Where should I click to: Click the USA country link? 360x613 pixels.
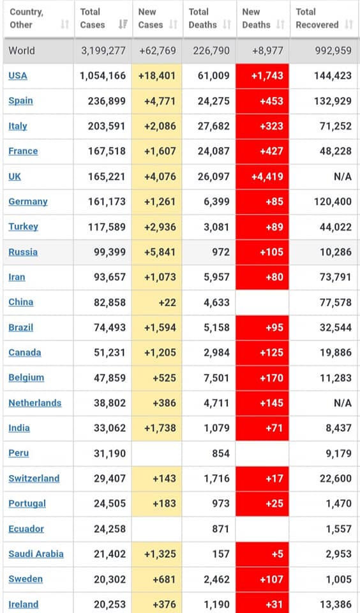(x=18, y=75)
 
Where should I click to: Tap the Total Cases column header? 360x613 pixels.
(x=93, y=19)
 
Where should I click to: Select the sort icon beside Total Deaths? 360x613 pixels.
(x=227, y=25)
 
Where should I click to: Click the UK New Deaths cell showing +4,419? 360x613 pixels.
(x=262, y=176)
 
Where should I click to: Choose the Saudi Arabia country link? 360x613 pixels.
(x=36, y=554)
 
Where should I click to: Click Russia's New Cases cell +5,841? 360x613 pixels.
(x=157, y=252)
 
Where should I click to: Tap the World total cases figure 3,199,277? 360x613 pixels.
(x=103, y=51)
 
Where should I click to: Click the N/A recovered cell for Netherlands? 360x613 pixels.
(x=343, y=403)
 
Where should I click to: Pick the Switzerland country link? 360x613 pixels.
(x=34, y=478)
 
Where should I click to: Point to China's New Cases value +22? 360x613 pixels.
(x=167, y=302)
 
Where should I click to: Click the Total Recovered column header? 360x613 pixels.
(x=317, y=19)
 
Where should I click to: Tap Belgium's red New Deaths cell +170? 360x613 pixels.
(x=262, y=377)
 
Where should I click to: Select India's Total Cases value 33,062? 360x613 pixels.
(x=109, y=428)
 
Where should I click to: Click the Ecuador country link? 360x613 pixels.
(x=26, y=529)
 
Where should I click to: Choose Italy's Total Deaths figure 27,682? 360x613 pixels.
(x=213, y=126)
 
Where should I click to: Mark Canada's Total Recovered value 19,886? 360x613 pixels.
(x=335, y=352)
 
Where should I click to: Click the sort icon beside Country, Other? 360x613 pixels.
(x=65, y=25)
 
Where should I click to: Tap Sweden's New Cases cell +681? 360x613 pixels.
(x=157, y=579)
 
